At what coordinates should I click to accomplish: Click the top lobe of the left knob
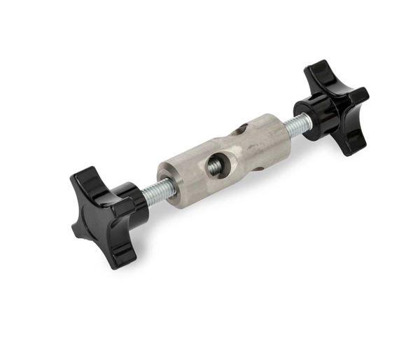87,178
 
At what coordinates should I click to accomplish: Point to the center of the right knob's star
335,104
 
